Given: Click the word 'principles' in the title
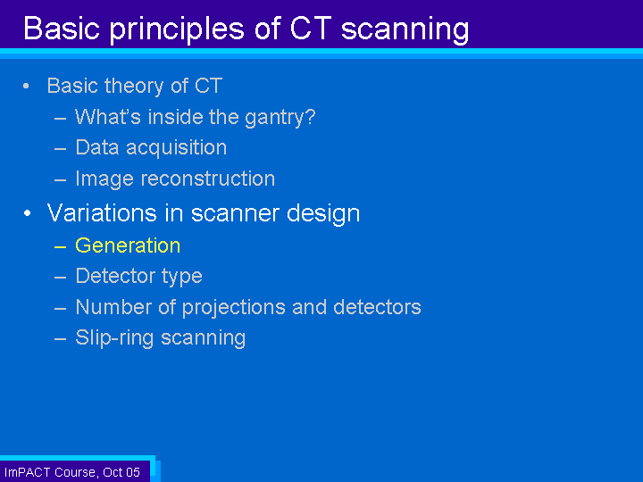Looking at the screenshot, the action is [x=177, y=29].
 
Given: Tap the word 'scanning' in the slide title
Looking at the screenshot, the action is [x=405, y=29].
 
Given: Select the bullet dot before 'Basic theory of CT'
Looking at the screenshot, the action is [x=26, y=86].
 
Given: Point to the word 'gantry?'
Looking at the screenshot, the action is [x=280, y=118].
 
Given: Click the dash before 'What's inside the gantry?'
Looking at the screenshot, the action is [x=61, y=119].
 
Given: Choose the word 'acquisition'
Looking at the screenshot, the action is [x=176, y=148].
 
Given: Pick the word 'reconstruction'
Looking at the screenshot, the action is [x=208, y=179].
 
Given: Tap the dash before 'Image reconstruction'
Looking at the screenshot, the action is [x=61, y=180].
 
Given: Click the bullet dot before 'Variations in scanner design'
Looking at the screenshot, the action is [x=27, y=213].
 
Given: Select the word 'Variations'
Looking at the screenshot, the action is [x=102, y=213].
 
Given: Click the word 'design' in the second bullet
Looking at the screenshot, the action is [x=323, y=214].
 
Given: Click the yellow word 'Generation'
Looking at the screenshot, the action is [x=128, y=246].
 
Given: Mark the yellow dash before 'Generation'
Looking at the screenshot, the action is [x=61, y=246].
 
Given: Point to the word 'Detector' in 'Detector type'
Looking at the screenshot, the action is [x=115, y=276].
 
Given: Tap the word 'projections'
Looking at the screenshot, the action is [x=234, y=308].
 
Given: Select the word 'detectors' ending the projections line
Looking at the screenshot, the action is [x=377, y=307].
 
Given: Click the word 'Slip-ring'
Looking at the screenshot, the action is [x=114, y=338].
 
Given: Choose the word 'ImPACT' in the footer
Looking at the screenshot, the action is [x=28, y=472].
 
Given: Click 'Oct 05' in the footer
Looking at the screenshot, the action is [x=121, y=472].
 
